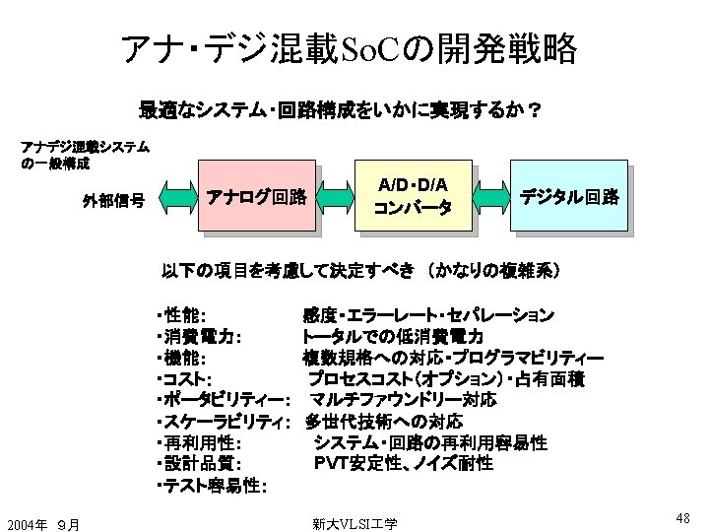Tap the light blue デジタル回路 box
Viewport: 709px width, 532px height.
[570, 197]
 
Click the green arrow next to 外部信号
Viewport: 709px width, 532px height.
[176, 198]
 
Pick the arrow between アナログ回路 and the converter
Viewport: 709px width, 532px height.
[337, 197]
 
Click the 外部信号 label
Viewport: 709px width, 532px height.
[114, 201]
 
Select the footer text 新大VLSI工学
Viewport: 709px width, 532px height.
[354, 523]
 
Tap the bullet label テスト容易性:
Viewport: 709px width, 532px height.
[213, 485]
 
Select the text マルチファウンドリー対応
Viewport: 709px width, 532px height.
[403, 400]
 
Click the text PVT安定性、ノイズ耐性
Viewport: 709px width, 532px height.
[403, 463]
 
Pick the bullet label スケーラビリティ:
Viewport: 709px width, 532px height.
[222, 422]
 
